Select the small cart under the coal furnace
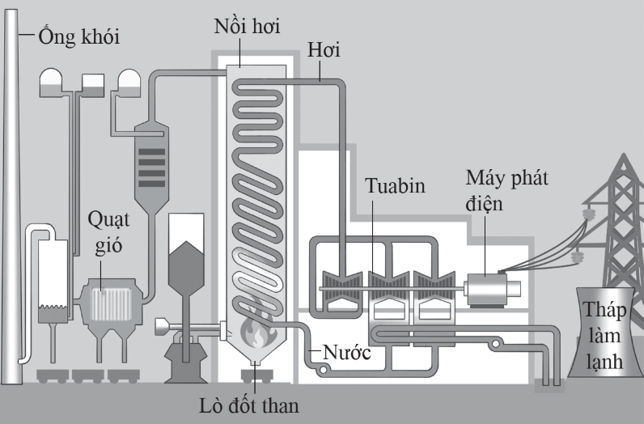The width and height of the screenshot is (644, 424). [256, 376]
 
